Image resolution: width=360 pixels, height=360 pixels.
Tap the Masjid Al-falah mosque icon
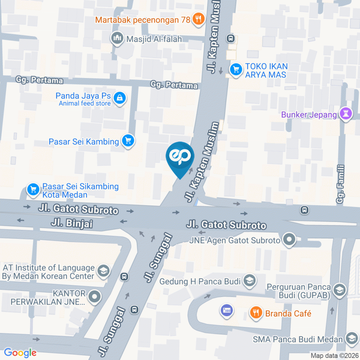point(117,38)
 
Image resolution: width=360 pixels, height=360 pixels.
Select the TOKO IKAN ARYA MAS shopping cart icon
point(235,69)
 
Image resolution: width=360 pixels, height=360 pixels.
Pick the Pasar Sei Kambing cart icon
point(128,141)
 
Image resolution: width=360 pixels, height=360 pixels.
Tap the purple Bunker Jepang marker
point(345,114)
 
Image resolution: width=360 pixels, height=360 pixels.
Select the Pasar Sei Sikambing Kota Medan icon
point(33,190)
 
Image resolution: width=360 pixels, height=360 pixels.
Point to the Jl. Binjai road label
point(72,224)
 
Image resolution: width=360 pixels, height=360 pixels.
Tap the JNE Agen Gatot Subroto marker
point(289,240)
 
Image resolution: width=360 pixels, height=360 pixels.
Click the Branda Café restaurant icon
point(256,313)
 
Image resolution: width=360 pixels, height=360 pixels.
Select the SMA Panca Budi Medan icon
point(351,339)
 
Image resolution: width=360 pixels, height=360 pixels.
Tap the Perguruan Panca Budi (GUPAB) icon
point(339,291)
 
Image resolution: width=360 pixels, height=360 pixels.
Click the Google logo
point(20,352)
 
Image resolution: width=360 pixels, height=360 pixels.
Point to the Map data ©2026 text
point(334,355)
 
